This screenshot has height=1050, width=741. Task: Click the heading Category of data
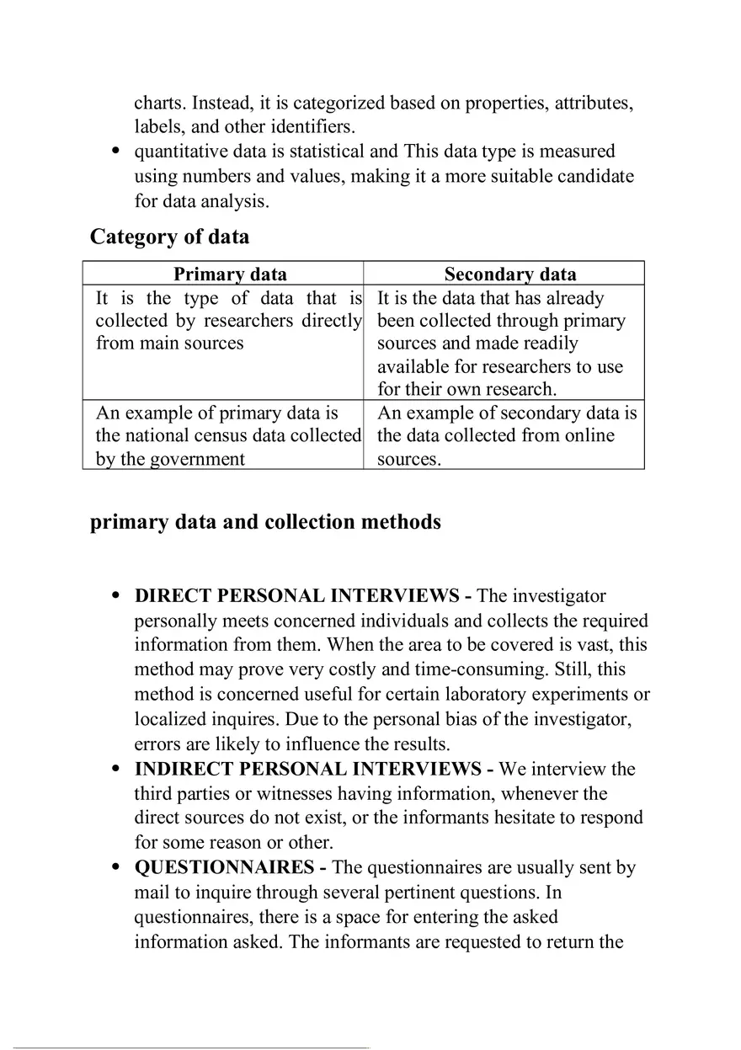169,237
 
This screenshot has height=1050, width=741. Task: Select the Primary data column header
230,274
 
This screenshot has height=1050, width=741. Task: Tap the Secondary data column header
510,274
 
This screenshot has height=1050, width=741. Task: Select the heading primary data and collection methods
265,522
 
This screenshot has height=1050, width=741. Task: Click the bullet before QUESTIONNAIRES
116,868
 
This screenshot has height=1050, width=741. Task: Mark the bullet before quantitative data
116,152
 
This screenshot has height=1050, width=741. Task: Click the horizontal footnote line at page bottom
191,1047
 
